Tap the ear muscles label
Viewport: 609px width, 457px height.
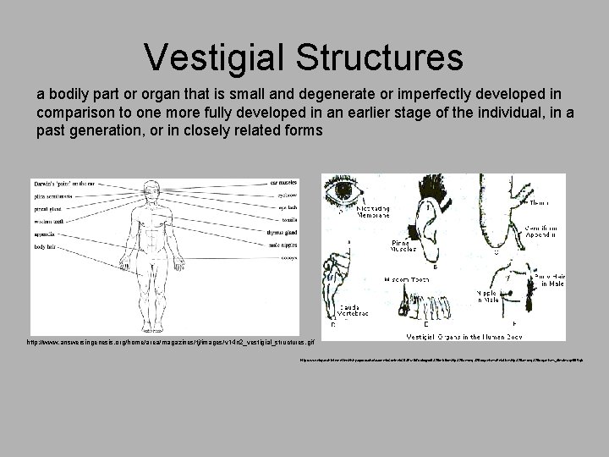coord(283,181)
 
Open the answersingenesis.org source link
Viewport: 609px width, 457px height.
coord(170,343)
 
